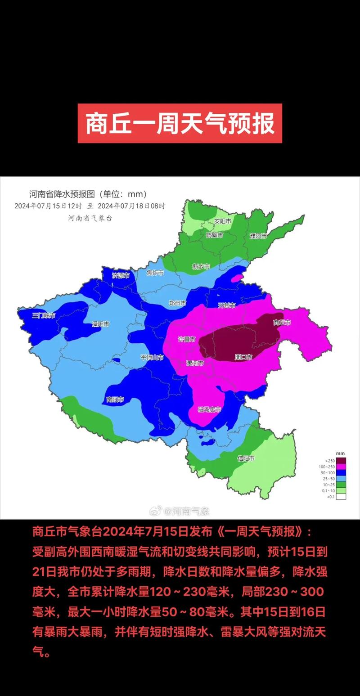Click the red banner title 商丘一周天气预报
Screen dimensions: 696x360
(x=180, y=123)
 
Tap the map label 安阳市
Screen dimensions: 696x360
(x=222, y=222)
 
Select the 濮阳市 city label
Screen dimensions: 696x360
(x=258, y=236)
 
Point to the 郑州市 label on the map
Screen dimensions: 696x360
(x=177, y=303)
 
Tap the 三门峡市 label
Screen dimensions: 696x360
(x=44, y=316)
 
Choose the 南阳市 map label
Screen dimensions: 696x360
(x=115, y=399)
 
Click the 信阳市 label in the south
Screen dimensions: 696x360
(x=246, y=458)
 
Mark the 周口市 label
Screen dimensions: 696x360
(x=243, y=357)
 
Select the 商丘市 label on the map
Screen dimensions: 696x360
(x=282, y=323)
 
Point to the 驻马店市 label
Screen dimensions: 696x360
(x=210, y=409)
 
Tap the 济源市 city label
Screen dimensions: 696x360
(x=121, y=275)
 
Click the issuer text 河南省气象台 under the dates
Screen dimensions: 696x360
(x=90, y=218)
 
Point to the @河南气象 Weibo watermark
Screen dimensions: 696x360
(x=180, y=511)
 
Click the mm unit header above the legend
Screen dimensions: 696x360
(x=340, y=454)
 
